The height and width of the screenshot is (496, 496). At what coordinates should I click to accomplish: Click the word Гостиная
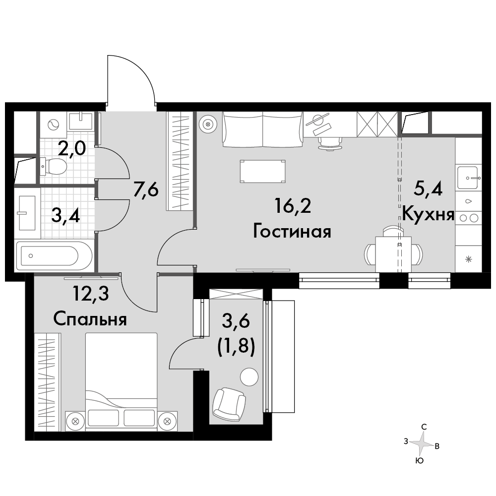(292, 231)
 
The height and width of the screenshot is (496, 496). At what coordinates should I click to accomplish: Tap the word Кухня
(429, 215)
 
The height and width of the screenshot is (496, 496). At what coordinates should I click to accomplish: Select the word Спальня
(90, 319)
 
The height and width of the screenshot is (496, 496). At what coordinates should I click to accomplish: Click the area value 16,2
(293, 206)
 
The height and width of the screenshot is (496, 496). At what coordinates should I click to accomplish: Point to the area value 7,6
(145, 190)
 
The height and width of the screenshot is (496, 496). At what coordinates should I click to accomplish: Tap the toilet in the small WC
(54, 166)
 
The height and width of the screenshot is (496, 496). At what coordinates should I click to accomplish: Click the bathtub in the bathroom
(54, 256)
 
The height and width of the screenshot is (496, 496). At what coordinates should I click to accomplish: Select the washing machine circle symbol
(53, 124)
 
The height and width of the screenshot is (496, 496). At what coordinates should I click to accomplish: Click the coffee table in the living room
(262, 172)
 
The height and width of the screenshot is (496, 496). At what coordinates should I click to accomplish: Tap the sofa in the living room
(262, 129)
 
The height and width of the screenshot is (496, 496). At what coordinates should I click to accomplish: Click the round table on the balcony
(249, 377)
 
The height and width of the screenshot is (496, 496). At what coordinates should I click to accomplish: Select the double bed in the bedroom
(121, 379)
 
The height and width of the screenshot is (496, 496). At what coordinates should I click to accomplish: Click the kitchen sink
(467, 178)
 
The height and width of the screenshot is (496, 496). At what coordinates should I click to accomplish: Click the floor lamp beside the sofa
(208, 124)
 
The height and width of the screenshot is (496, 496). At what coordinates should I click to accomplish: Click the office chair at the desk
(330, 142)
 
